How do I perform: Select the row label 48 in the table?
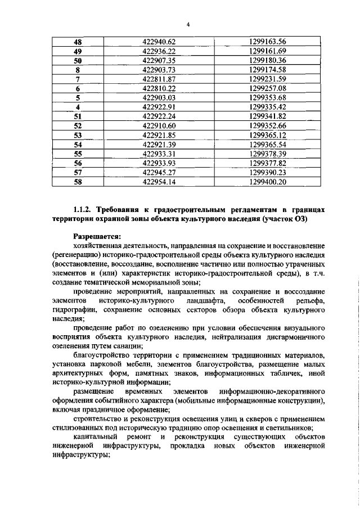tap(78, 42)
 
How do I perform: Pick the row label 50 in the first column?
tap(78, 60)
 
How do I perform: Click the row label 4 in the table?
tap(78, 107)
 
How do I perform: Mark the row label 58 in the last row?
tap(78, 182)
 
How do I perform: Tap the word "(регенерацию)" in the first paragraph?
tap(76, 255)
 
